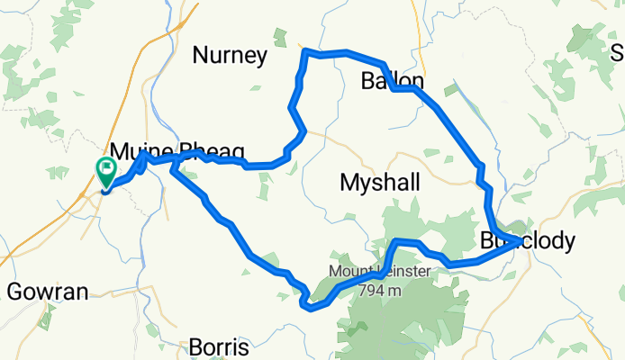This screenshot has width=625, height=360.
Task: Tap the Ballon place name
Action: pyautogui.click(x=391, y=81)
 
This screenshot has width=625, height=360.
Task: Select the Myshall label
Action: pyautogui.click(x=379, y=183)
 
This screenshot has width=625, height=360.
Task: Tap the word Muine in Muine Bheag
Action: pyautogui.click(x=135, y=149)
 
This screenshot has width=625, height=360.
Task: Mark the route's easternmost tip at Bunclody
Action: pyautogui.click(x=517, y=240)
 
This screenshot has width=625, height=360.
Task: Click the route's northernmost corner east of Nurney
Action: pyautogui.click(x=306, y=51)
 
